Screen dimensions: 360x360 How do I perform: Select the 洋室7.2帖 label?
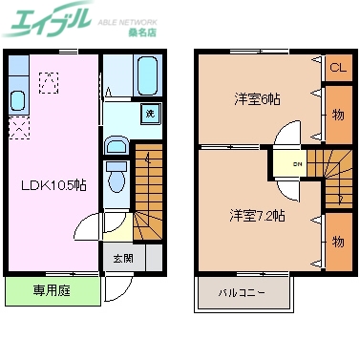256,215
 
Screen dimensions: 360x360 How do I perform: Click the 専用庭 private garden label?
46,290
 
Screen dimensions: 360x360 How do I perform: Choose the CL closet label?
337,68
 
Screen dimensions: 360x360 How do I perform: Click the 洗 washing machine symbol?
150,115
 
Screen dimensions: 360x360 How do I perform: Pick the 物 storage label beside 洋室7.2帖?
337,242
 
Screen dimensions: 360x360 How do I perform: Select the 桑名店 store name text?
141,32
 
